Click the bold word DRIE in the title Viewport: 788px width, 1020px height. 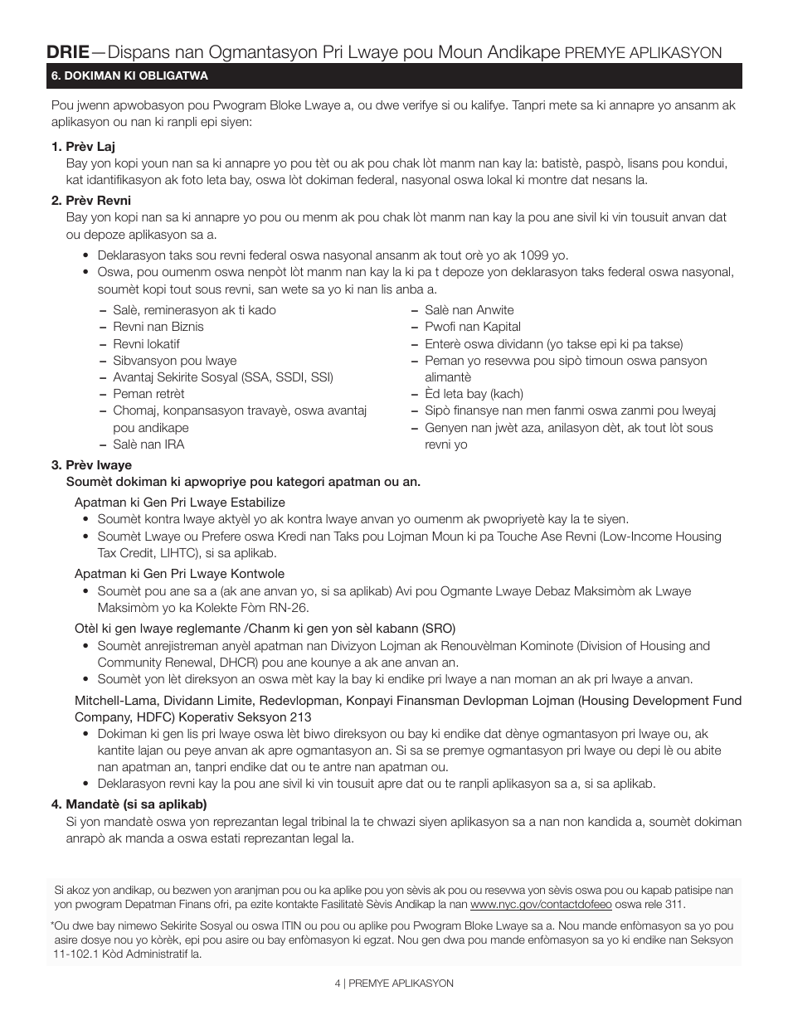coord(68,52)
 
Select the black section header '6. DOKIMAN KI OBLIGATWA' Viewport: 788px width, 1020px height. coord(129,76)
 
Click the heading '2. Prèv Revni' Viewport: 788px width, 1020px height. coord(90,201)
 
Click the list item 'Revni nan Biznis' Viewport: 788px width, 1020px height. coord(158,327)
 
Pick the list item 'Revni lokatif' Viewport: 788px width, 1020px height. coord(146,344)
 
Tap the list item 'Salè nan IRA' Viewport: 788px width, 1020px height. coord(148,444)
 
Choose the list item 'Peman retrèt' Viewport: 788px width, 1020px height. coord(148,394)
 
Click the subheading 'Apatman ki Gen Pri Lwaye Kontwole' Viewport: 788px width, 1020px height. coord(179,574)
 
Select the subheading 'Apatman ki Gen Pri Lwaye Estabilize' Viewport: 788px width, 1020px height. coord(179,503)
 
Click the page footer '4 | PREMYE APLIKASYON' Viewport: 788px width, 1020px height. coord(394,983)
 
